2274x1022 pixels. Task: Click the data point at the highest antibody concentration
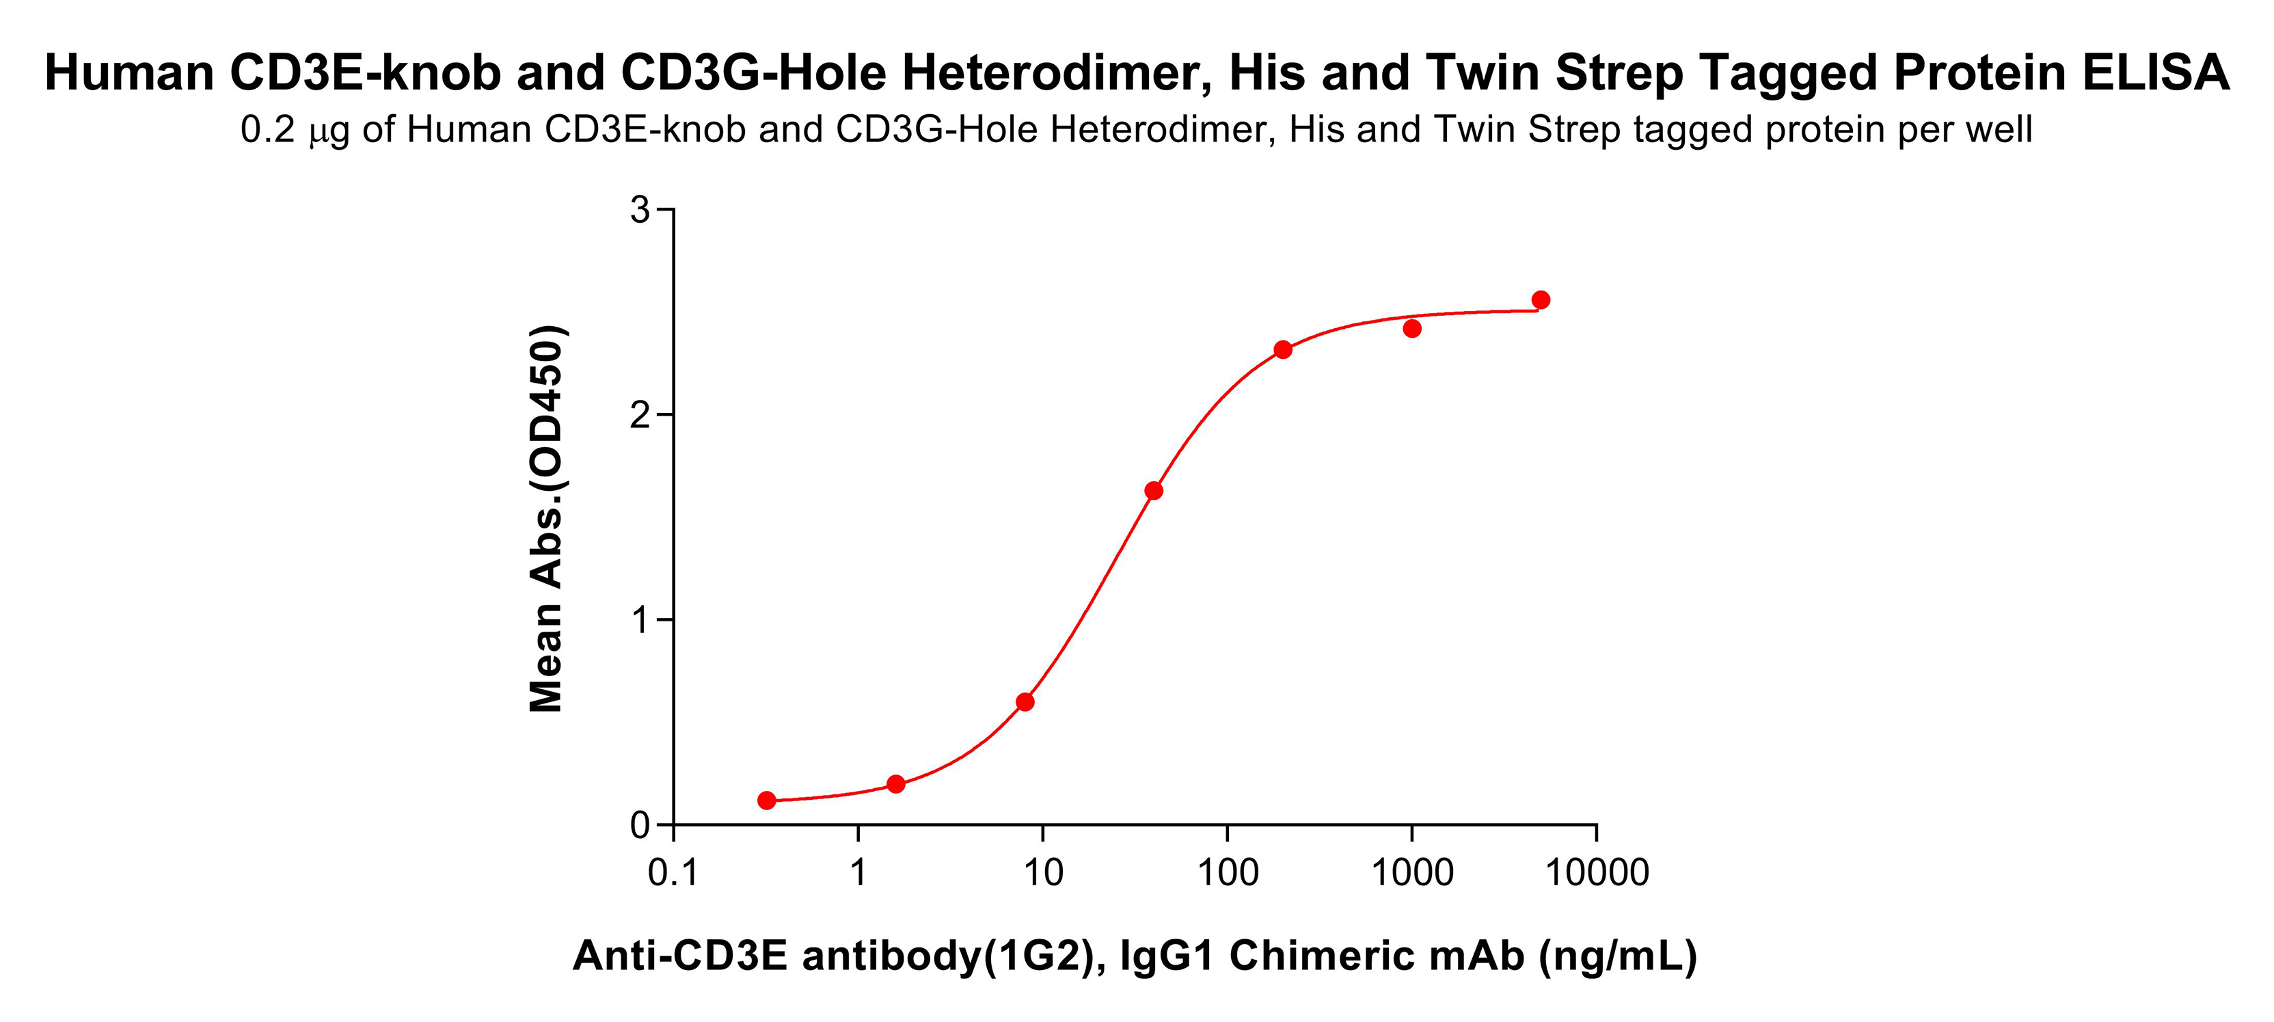click(x=1541, y=300)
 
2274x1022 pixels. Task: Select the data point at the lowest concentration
click(x=767, y=801)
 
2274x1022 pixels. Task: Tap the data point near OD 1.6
click(x=1154, y=491)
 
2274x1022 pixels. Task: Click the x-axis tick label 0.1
click(x=673, y=874)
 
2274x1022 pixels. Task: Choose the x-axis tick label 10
click(x=1042, y=874)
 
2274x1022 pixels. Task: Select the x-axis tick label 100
click(x=1227, y=874)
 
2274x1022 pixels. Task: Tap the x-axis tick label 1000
click(x=1411, y=874)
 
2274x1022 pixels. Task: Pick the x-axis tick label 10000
click(x=1597, y=874)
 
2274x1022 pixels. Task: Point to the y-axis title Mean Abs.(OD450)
click(x=546, y=519)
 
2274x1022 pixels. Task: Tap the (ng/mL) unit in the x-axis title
click(x=1618, y=956)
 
